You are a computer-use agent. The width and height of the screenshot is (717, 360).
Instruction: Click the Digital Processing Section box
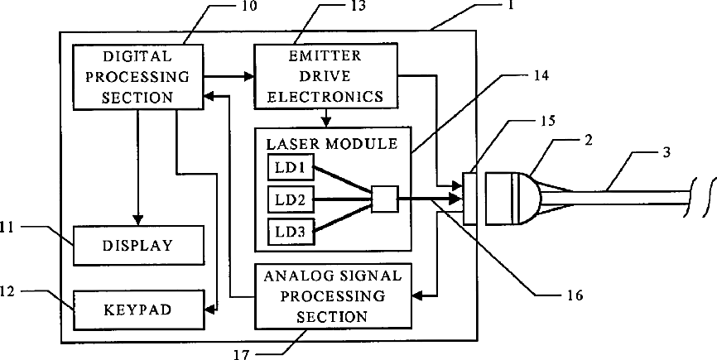(137, 77)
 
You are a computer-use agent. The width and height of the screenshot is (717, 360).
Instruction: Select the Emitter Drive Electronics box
(325, 77)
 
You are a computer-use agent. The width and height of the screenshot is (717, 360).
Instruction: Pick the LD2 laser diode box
(286, 199)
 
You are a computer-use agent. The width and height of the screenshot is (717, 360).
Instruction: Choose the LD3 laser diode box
(286, 233)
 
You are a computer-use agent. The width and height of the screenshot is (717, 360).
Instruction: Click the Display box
(137, 246)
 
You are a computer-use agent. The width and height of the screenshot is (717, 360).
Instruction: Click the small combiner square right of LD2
(385, 199)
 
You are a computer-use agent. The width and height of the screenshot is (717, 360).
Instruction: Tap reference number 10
(248, 7)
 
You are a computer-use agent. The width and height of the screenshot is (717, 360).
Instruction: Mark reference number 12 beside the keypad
(7, 290)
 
